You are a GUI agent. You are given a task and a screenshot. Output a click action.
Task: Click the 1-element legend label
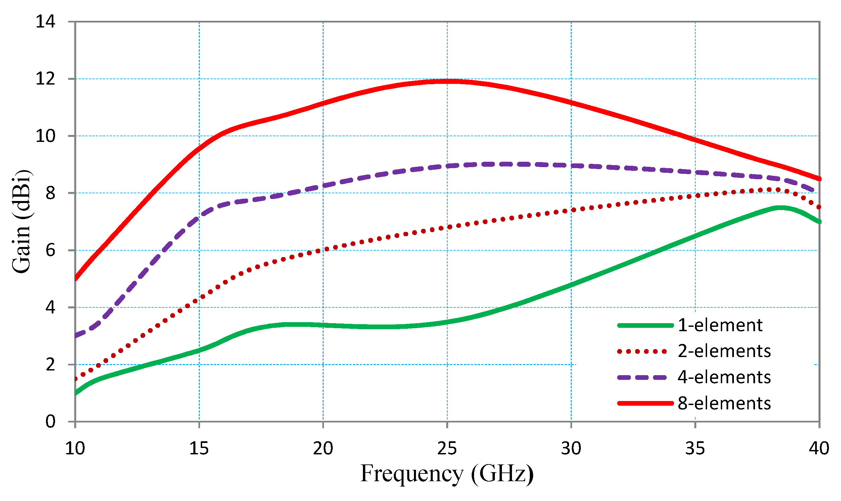click(x=720, y=325)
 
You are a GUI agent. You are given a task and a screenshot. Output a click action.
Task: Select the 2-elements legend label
click(x=724, y=351)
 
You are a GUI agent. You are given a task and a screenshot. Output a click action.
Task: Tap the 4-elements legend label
click(x=724, y=378)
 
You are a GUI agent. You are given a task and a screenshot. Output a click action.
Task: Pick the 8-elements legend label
click(x=724, y=404)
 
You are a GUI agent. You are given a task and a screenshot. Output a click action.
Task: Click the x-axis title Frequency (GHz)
click(x=447, y=474)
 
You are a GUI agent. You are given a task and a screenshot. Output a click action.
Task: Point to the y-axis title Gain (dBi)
click(x=21, y=222)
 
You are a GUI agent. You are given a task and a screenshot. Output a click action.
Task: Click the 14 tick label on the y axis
click(x=45, y=22)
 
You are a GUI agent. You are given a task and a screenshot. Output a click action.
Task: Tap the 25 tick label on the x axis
click(x=447, y=449)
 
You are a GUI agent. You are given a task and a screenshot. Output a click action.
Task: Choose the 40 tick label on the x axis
click(x=819, y=449)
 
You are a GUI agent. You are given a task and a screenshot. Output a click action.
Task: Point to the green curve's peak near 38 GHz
click(x=780, y=208)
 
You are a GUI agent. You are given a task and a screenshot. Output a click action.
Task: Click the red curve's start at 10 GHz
click(x=76, y=279)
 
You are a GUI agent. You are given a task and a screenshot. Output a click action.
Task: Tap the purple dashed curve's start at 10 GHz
click(x=76, y=336)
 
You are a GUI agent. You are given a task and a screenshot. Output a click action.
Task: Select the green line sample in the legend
click(x=645, y=325)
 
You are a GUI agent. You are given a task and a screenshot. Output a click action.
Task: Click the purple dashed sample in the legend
click(x=642, y=378)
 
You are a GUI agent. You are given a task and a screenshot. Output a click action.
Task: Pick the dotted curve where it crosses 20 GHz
click(x=323, y=250)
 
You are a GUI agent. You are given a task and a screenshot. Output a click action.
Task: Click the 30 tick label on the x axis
click(x=571, y=449)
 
